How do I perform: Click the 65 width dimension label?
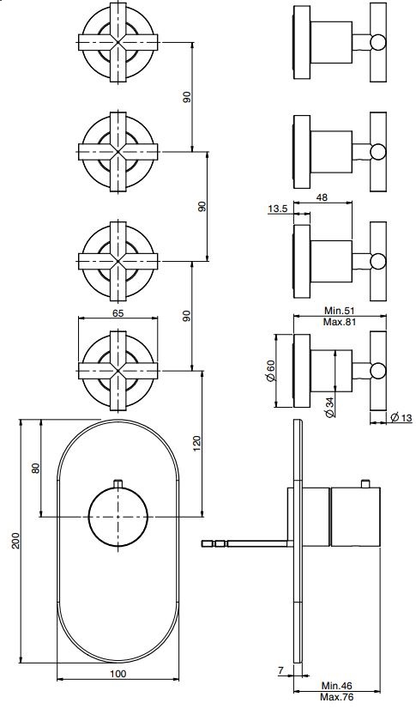118,314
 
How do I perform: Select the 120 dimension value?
196,444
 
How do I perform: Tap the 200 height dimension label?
15,541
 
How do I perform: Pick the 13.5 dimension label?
277,209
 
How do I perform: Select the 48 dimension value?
322,197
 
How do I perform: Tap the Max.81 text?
333,321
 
